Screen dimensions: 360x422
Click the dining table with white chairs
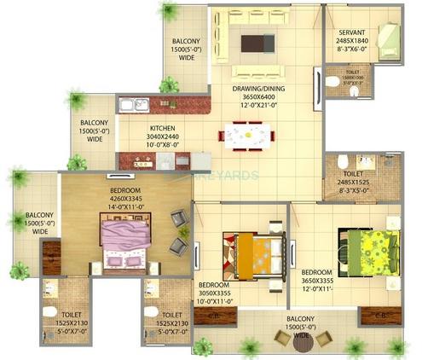(x=247, y=136)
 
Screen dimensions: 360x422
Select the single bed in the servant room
(x=388, y=38)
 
